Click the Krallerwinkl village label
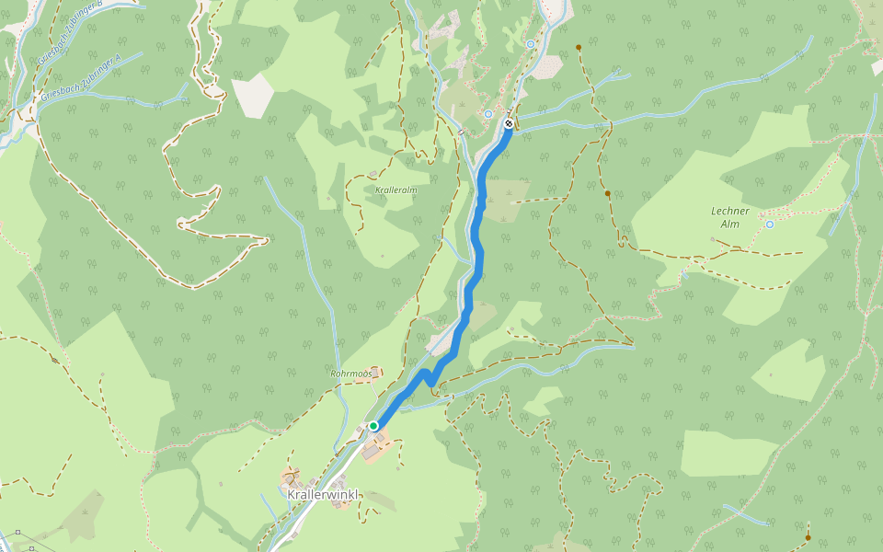pyautogui.click(x=322, y=495)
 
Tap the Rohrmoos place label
pyautogui.click(x=350, y=374)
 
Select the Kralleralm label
pyautogui.click(x=396, y=190)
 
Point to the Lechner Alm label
pyautogui.click(x=730, y=217)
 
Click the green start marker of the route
pyautogui.click(x=373, y=426)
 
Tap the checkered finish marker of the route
pyautogui.click(x=509, y=123)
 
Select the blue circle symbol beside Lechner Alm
pyautogui.click(x=769, y=224)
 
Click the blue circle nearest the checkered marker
pyautogui.click(x=488, y=114)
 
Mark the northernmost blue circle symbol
pyautogui.click(x=531, y=44)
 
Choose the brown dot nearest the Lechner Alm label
pyautogui.click(x=608, y=193)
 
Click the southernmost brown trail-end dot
pyautogui.click(x=808, y=537)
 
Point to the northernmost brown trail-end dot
pyautogui.click(x=579, y=47)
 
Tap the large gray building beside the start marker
pyautogui.click(x=375, y=449)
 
